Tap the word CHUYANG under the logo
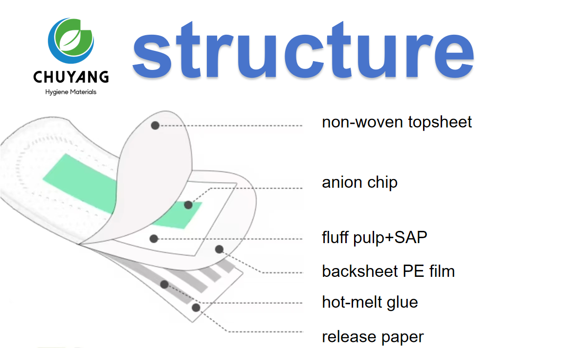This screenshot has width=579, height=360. point(71,77)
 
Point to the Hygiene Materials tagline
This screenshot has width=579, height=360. point(71,92)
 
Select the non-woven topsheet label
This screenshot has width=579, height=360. point(397,122)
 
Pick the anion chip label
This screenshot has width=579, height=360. point(359,182)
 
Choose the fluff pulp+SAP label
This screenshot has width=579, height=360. point(375,238)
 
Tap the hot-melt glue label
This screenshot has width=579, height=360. point(370,302)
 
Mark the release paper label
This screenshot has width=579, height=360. point(373,337)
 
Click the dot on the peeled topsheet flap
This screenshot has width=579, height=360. point(155,125)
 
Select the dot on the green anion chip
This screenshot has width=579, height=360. point(188,205)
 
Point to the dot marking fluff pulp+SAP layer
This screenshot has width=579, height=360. point(154,239)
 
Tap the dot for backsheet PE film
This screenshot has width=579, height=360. point(219,249)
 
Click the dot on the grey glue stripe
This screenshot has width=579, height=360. point(164,284)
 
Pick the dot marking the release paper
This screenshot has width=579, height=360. point(196,308)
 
